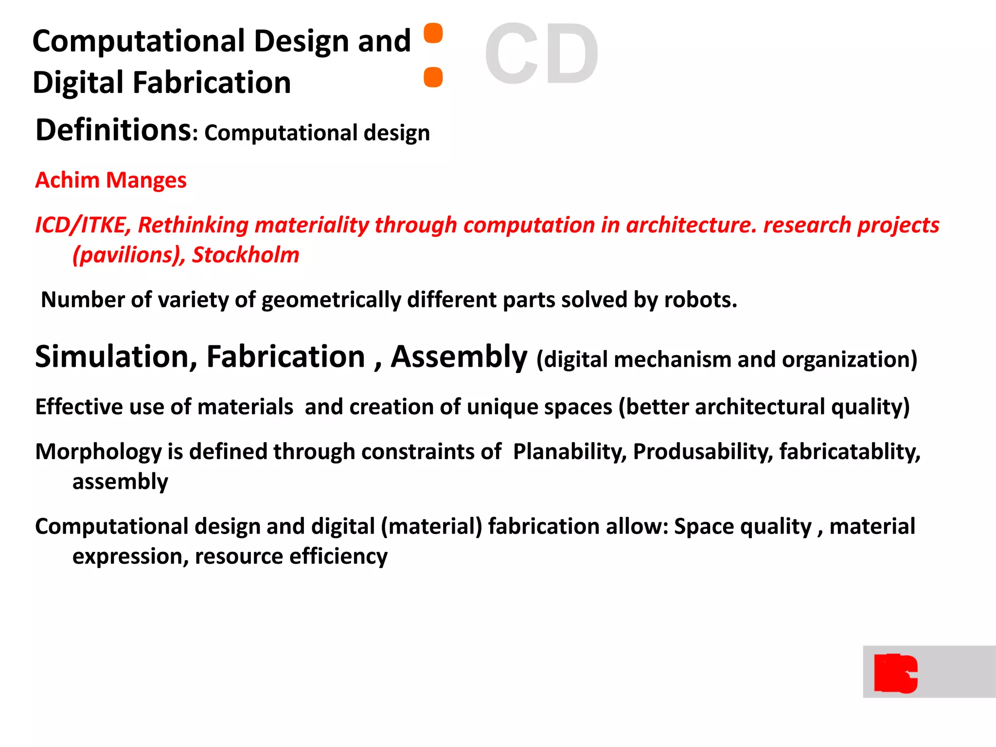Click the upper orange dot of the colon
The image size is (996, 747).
(x=433, y=33)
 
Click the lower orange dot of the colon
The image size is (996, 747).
(x=433, y=77)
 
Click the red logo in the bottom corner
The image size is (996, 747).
(x=895, y=673)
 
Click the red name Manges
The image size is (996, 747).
(x=146, y=180)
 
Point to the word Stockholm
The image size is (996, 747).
(x=246, y=255)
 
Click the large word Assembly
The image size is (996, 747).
(x=459, y=357)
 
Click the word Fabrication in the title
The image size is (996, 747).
(x=212, y=82)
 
